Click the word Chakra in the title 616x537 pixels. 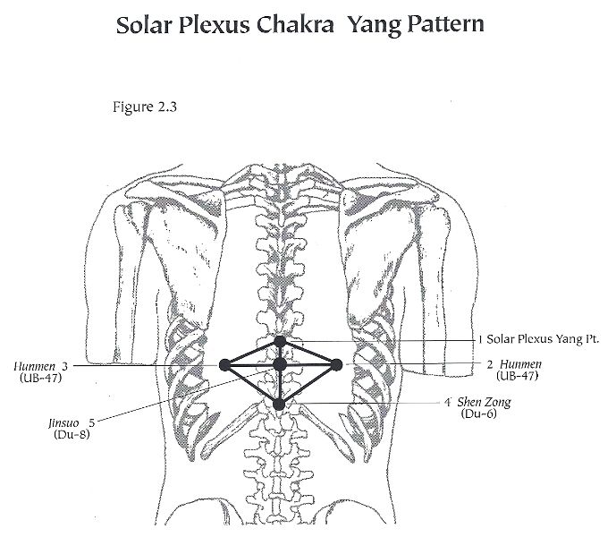(295, 24)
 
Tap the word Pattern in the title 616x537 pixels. (445, 24)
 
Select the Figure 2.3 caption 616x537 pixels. (145, 107)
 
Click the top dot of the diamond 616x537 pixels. (280, 342)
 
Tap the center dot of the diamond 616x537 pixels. (280, 364)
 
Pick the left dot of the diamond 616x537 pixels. (224, 365)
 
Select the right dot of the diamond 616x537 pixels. (336, 365)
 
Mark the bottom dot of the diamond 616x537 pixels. (279, 404)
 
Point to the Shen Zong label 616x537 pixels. (484, 402)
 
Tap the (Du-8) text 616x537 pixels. (72, 434)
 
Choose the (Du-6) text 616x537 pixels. (479, 413)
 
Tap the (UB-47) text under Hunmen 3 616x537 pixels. (41, 378)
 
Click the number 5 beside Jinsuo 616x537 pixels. (91, 423)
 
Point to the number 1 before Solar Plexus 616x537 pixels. (480, 339)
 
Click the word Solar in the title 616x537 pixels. (144, 25)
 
